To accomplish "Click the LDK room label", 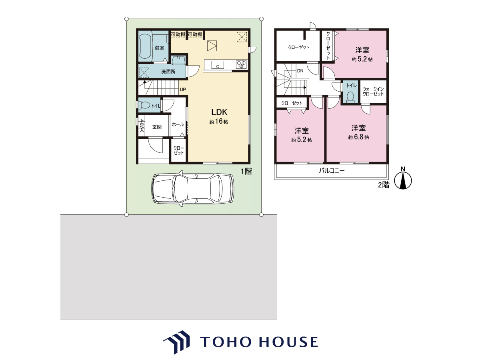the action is point(219,112).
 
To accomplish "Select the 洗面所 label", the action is point(168,72).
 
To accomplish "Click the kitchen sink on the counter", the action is point(218,65).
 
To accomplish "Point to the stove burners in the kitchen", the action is point(241,65).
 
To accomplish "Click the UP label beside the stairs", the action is point(183,89).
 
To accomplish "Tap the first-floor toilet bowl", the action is point(144,106).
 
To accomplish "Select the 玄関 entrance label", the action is point(157,127).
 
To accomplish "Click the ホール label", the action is point(178,124).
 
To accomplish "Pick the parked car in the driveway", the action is point(193,189).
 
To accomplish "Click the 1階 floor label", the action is point(246,171).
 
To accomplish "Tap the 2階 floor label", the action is point(384,185).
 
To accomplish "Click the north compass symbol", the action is point(403,179).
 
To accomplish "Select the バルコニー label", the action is point(332,170).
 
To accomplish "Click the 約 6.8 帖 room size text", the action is point(359,137).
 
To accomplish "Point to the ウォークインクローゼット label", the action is point(373,92).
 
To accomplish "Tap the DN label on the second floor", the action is point(300,71).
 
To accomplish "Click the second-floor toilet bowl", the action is point(350,97).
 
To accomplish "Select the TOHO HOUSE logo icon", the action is point(176,342).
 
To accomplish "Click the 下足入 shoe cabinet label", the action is point(142,125).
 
